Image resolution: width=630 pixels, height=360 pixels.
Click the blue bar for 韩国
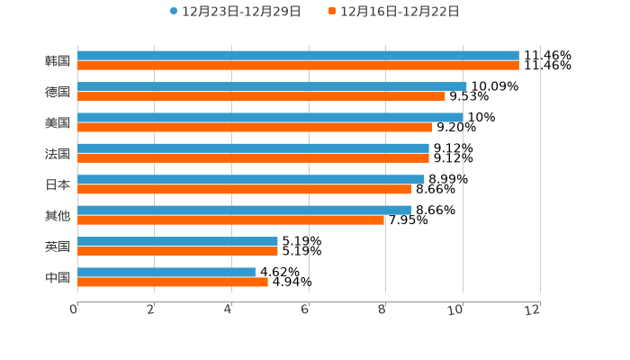(298, 56)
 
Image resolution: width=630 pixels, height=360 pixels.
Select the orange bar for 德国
(261, 96)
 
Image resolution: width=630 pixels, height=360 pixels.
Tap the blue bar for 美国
(270, 117)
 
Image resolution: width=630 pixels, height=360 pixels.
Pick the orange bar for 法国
(253, 157)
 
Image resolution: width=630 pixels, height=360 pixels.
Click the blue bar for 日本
(251, 179)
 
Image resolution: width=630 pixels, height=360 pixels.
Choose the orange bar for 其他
(230, 220)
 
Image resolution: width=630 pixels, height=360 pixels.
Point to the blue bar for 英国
(177, 241)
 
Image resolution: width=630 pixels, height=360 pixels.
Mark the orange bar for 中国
(173, 282)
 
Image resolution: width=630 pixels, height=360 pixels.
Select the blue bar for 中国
(166, 272)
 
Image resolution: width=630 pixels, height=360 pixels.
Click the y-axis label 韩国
(58, 61)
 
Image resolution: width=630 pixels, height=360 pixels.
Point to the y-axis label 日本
(58, 184)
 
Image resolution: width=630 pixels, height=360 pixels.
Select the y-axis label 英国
(58, 247)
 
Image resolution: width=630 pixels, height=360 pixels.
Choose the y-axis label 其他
(58, 215)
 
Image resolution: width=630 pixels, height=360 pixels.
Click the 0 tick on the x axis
(75, 310)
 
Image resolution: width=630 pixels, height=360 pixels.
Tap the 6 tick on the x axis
(306, 310)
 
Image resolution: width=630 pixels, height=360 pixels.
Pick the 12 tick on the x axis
(533, 310)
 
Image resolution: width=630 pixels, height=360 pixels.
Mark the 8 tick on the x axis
(382, 310)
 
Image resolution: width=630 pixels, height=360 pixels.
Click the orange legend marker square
(332, 12)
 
